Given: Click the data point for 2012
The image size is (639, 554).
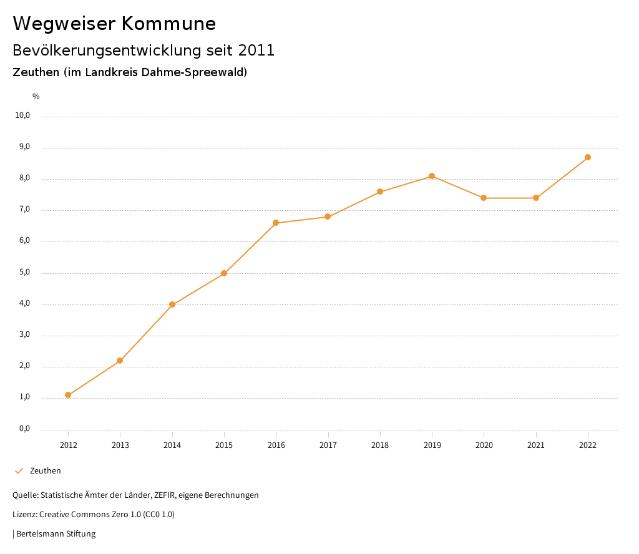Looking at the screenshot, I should tap(68, 395).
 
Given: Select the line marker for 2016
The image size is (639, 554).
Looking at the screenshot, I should tap(276, 223).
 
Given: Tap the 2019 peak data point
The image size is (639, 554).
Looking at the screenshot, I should tap(432, 176).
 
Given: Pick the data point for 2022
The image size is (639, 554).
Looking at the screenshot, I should tap(588, 157).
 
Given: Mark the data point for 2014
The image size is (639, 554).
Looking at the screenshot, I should tap(172, 304).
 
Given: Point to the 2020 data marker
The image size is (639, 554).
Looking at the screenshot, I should tap(484, 198).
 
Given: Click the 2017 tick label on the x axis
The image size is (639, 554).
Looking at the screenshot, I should tap(328, 445).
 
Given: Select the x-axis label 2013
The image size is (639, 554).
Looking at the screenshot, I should tap(120, 445).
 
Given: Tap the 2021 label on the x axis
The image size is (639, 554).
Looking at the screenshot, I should tap(536, 445).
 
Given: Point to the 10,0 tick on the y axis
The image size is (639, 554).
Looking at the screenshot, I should tap(22, 115).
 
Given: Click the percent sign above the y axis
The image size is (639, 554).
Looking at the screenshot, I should tap(36, 97).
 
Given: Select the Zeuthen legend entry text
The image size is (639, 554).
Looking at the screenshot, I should tap(46, 470).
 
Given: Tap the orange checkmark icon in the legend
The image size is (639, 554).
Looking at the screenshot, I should tap(19, 470).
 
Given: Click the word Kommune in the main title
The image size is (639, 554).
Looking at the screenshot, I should tap(169, 24).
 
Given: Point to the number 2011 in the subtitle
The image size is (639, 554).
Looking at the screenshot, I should tap(256, 51).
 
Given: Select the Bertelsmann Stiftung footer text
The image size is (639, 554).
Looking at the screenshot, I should tap(56, 533).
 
